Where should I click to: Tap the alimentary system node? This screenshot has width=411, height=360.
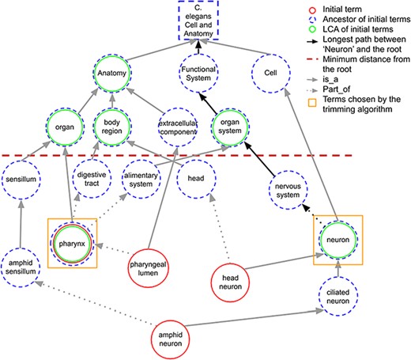[142, 182]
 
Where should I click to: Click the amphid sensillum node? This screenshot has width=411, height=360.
[23, 263]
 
